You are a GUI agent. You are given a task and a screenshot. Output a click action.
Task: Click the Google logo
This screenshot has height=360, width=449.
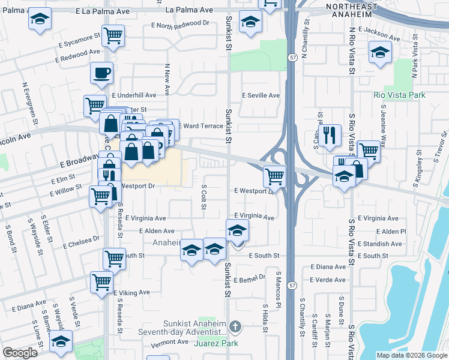click(x=20, y=352)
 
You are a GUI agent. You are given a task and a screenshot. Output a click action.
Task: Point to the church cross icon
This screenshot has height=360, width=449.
click(x=235, y=327)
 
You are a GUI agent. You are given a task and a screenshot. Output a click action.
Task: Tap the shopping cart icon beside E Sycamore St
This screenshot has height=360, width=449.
click(x=113, y=35)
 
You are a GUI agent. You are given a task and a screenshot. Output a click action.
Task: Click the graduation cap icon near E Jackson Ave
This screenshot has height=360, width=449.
click(x=379, y=52)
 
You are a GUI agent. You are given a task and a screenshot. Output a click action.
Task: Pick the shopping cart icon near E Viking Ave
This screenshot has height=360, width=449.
click(x=101, y=280)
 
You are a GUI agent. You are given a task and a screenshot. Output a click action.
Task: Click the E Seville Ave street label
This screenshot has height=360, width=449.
click(x=261, y=95)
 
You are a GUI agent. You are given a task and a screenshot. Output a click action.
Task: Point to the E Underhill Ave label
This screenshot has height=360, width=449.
click(x=134, y=95)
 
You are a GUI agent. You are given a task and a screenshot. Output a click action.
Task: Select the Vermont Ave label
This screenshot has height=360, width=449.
click(x=170, y=342)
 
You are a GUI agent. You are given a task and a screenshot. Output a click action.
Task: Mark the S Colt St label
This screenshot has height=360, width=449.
click(x=204, y=197)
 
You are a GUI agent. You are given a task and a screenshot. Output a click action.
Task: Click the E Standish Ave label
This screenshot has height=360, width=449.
click(x=380, y=244)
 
